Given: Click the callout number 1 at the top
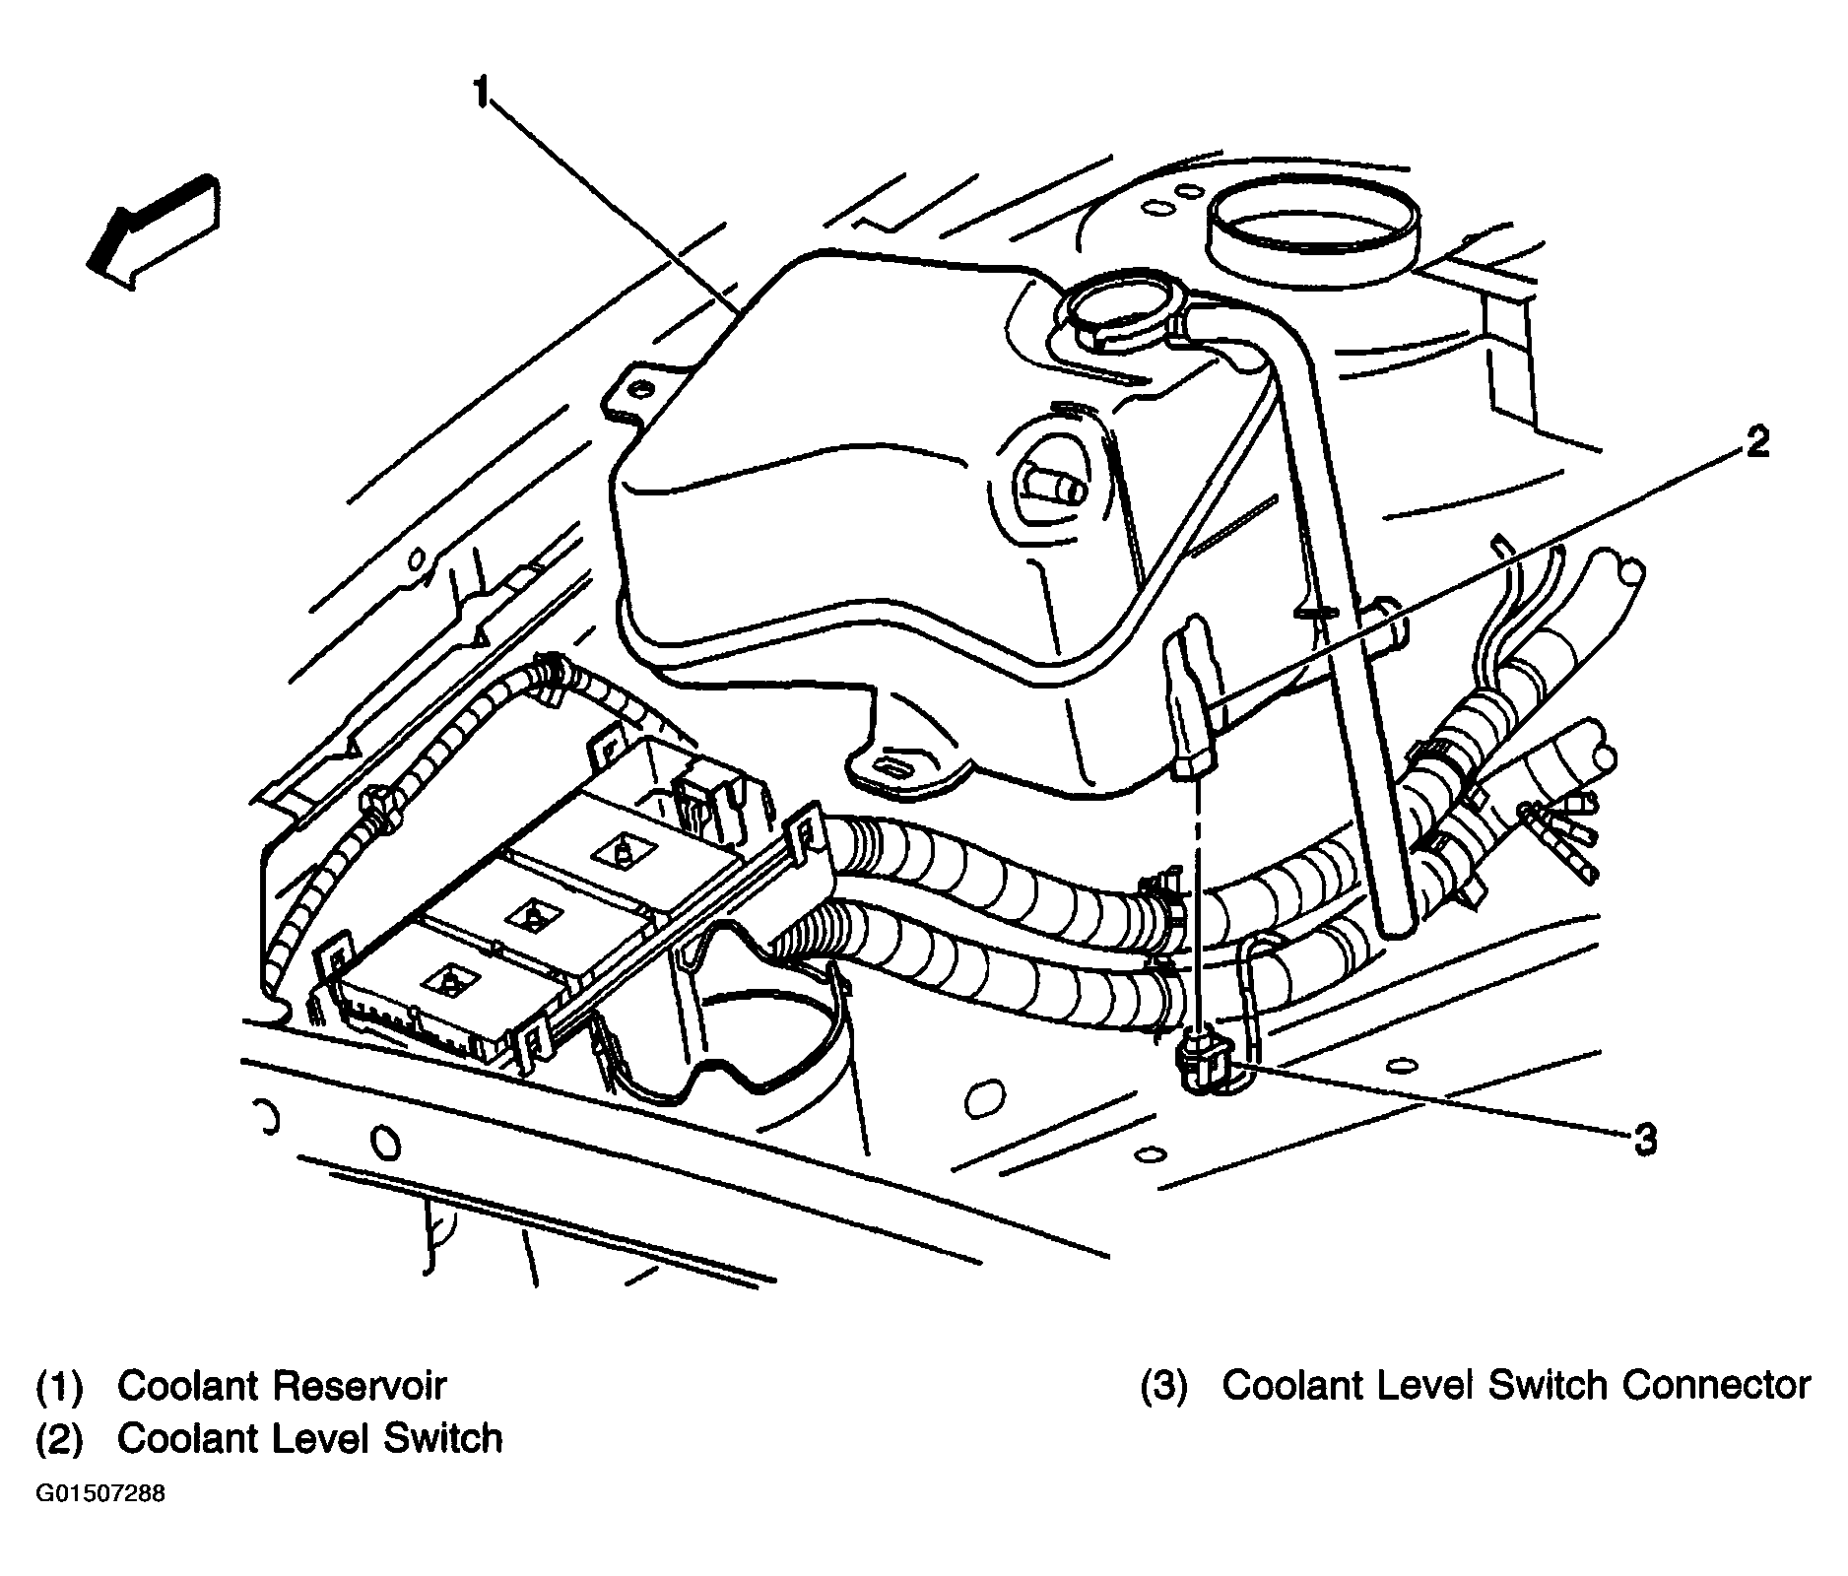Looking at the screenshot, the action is (x=482, y=94).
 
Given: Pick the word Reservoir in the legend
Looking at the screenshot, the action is (x=361, y=1385).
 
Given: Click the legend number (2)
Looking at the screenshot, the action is (x=59, y=1439).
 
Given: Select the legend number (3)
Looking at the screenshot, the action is (x=1164, y=1386).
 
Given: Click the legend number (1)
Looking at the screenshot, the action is (x=59, y=1386).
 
